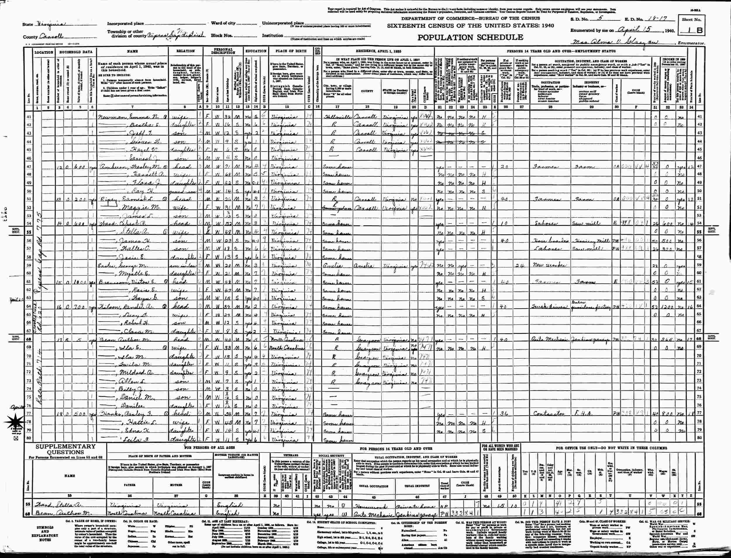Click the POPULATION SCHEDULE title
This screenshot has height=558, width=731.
[470, 37]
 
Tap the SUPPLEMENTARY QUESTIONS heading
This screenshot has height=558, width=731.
[65, 449]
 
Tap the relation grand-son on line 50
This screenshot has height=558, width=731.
[182, 192]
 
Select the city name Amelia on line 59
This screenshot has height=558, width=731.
[332, 266]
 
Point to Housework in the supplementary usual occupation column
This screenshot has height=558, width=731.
[370, 513]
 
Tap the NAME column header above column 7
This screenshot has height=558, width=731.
[133, 51]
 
